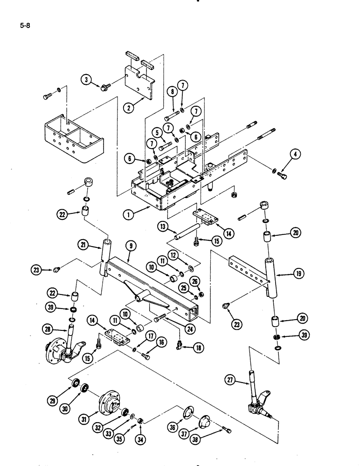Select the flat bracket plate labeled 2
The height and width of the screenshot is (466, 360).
click(140, 82)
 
